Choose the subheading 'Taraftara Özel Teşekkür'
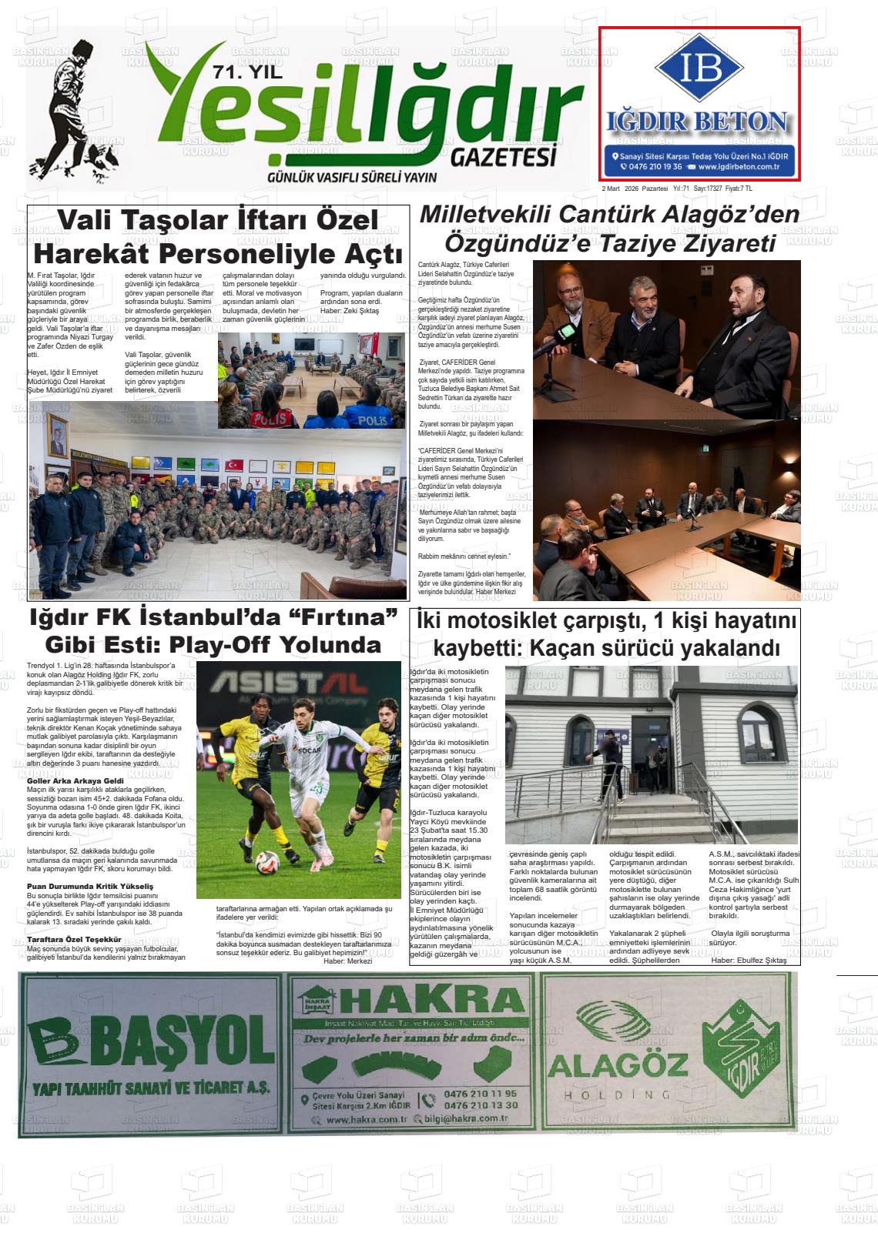[74, 940]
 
